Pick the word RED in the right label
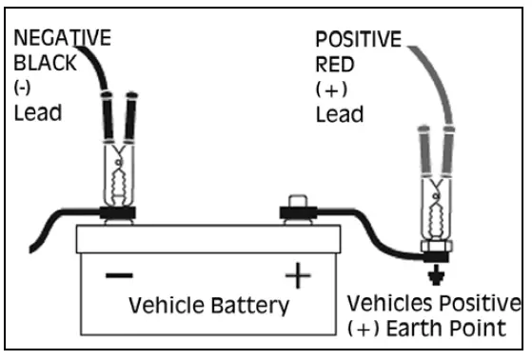[x=335, y=66]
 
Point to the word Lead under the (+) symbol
[x=339, y=115]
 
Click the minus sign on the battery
[x=120, y=276]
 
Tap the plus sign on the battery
[x=298, y=276]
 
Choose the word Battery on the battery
[x=250, y=306]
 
